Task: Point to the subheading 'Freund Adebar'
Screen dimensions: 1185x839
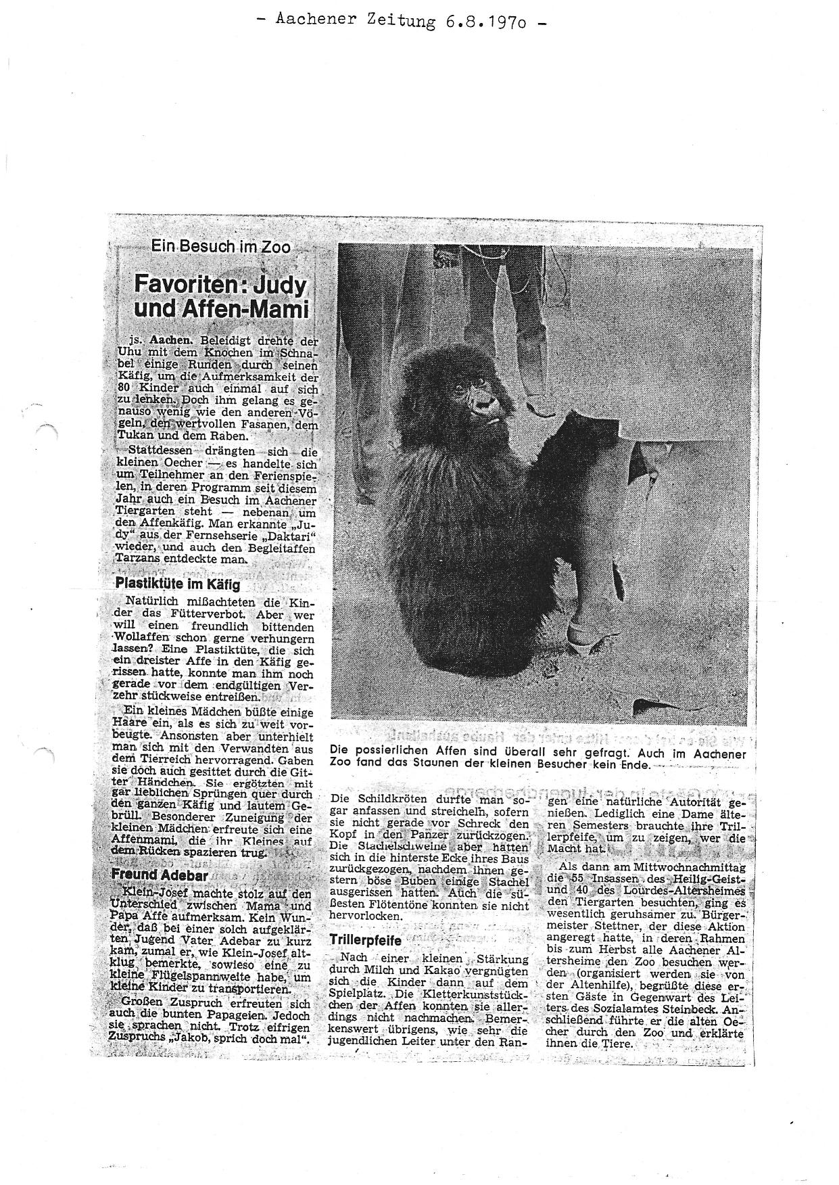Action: pos(151,874)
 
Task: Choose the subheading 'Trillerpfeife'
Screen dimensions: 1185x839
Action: pos(366,939)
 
